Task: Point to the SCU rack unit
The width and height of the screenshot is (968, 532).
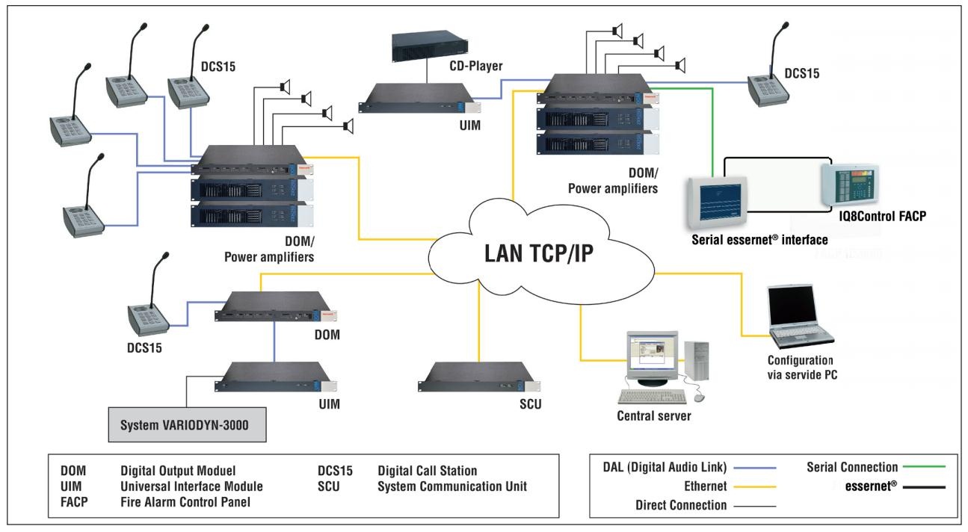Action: pyautogui.click(x=478, y=378)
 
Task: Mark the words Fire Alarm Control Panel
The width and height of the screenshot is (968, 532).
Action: pyautogui.click(x=185, y=502)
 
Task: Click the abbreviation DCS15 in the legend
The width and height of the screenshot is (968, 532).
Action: pyautogui.click(x=334, y=471)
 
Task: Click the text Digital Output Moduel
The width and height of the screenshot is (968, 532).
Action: pyautogui.click(x=178, y=471)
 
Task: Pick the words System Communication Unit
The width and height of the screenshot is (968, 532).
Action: pyautogui.click(x=453, y=486)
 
